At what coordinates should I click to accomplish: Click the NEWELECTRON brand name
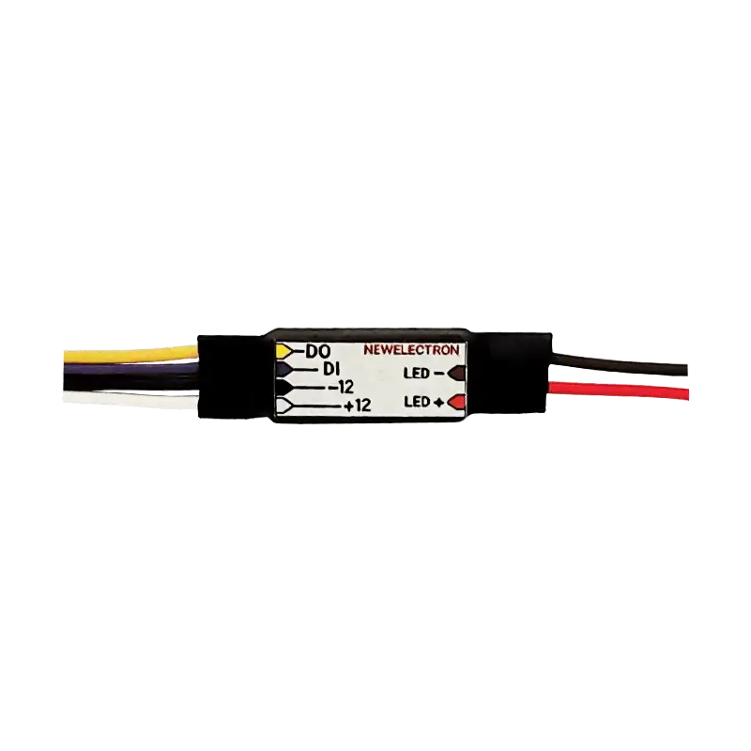(411, 350)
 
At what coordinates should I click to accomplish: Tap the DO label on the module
(317, 352)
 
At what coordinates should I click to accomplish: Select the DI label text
(330, 369)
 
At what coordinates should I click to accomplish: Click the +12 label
(358, 406)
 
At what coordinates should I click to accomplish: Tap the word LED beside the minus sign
(416, 373)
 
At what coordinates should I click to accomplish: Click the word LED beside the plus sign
(417, 402)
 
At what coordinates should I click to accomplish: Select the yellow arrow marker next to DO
(284, 351)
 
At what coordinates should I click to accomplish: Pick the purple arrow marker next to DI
(284, 369)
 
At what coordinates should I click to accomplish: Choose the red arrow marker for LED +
(456, 402)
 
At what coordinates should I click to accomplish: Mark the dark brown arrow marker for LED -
(456, 373)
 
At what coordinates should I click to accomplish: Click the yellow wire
(130, 356)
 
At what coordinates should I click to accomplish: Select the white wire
(130, 399)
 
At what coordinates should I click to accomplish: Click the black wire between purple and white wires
(130, 382)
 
